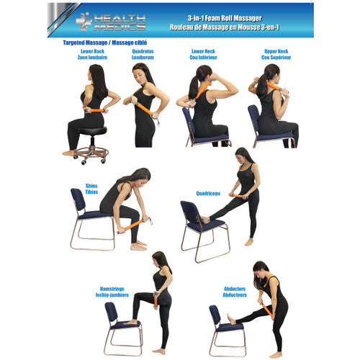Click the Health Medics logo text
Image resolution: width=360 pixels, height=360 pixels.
point(120,23)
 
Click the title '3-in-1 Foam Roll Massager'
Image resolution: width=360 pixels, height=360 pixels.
point(225,18)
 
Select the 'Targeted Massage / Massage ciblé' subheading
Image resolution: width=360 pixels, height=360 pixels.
point(105,42)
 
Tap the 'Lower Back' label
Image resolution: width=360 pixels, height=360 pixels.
point(92,51)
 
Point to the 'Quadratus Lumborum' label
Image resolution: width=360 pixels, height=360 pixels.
point(143,54)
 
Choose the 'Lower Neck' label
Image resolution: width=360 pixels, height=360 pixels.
point(203,51)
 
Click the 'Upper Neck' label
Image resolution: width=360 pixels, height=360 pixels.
point(276,51)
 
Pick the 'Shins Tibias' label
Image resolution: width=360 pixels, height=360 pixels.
point(91,189)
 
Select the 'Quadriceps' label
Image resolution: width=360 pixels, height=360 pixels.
point(208,194)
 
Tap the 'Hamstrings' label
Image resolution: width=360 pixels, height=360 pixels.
point(112,289)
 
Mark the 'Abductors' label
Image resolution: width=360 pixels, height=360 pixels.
point(235,289)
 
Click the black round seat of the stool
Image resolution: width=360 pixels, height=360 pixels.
point(92,131)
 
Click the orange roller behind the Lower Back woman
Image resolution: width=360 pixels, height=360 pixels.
point(96,111)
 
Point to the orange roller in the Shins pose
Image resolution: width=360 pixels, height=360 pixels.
point(133,225)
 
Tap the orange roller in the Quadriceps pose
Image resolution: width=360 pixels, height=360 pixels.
point(238,197)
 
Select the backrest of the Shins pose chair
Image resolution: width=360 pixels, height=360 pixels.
point(78,200)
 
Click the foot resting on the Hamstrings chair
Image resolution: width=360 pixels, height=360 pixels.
point(130,322)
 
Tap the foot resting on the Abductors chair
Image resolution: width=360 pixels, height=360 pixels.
point(231,320)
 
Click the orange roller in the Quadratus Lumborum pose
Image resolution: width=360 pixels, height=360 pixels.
point(144,109)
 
